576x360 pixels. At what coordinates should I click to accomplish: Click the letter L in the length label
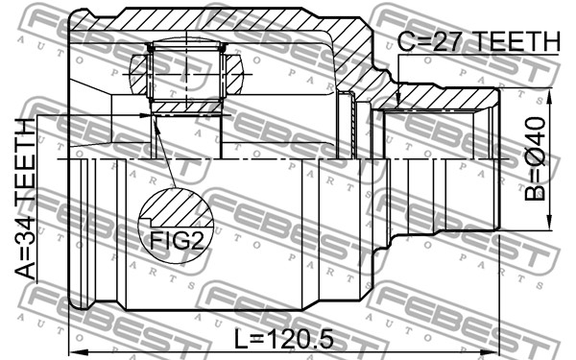tap(243, 339)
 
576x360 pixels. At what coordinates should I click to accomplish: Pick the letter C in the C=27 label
tap(406, 42)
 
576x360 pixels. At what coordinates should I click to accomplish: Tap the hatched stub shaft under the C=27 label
tap(442, 96)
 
